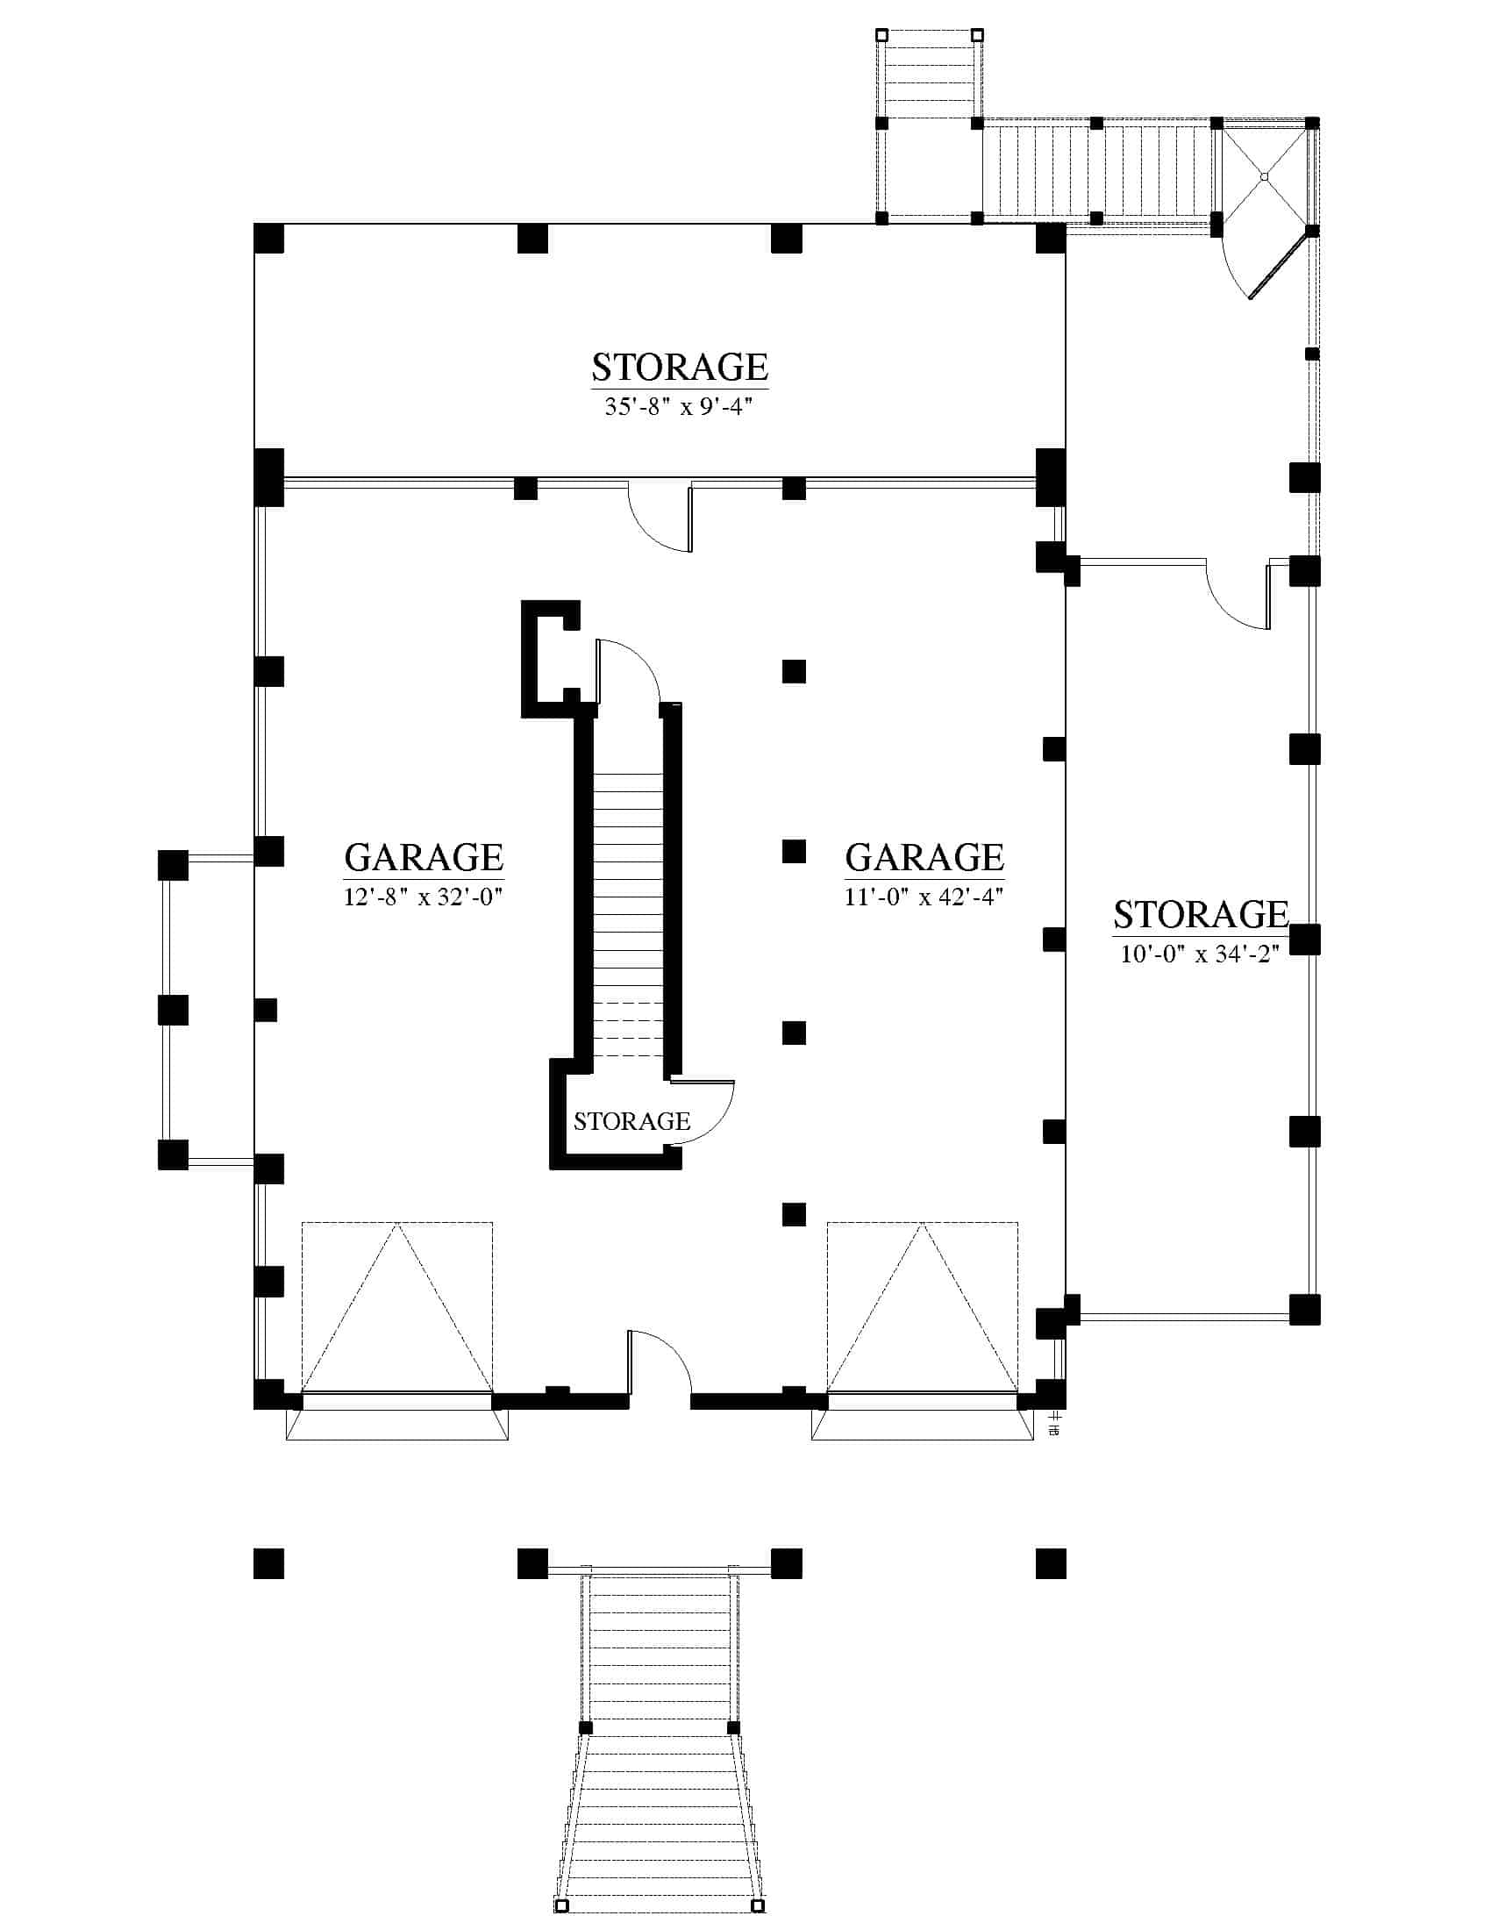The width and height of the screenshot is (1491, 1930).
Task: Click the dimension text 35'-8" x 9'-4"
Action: pos(679,406)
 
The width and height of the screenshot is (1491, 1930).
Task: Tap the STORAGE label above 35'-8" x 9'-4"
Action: pos(679,367)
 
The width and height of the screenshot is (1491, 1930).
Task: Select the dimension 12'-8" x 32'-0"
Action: pos(423,897)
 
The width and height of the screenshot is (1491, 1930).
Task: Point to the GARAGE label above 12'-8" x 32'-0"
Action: pos(423,857)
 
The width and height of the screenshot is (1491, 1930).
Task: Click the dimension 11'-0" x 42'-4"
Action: pos(924,897)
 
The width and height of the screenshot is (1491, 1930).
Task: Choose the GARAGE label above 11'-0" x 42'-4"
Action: pos(924,857)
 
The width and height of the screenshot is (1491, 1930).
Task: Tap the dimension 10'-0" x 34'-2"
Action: pos(1201,954)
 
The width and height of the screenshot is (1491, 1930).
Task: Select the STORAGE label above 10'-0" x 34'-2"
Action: pos(1201,915)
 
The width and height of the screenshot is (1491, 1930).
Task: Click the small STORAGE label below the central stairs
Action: pos(631,1121)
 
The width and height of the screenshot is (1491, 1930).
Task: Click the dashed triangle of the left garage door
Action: pos(397,1308)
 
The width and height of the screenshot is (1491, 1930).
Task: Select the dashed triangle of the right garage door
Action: pos(922,1308)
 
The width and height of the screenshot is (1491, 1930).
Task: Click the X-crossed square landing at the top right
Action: pos(1265,176)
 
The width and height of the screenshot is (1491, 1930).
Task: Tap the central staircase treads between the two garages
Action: pos(628,915)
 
